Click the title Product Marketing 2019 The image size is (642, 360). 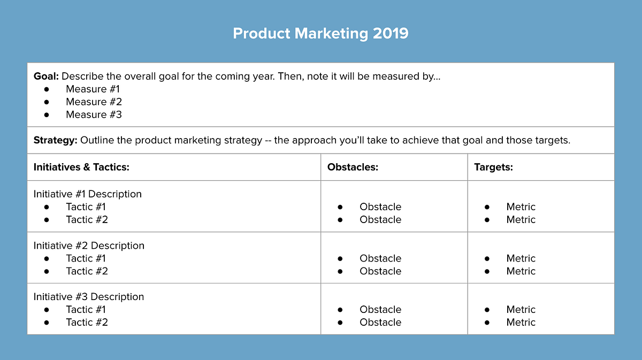tap(320, 33)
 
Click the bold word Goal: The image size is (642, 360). tap(47, 76)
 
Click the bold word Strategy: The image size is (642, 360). tap(56, 140)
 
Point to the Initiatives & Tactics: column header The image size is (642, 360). tap(81, 167)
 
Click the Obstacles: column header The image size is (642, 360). tap(353, 167)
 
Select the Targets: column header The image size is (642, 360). tap(493, 167)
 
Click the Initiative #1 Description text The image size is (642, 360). tap(88, 194)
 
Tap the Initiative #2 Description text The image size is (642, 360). tap(89, 246)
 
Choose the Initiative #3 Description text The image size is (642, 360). tap(89, 296)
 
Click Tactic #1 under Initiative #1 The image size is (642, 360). tap(86, 206)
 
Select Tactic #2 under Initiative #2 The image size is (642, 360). tap(87, 271)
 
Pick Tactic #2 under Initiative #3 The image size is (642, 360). tap(87, 322)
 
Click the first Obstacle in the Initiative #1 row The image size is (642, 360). tap(380, 206)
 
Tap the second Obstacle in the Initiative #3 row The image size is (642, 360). tap(380, 322)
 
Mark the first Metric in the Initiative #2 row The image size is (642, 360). tap(521, 258)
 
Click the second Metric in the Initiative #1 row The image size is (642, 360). tap(521, 219)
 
